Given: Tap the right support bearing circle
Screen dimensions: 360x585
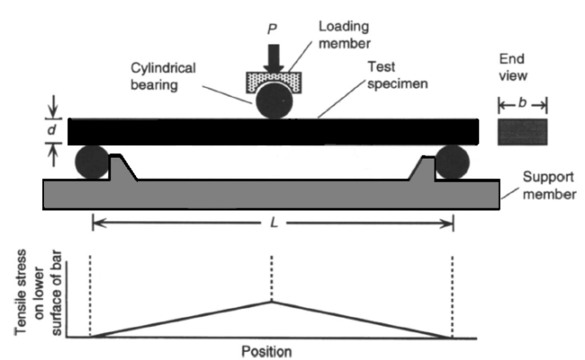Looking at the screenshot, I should click(452, 163).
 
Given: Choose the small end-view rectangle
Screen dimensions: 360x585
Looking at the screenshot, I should click(523, 132).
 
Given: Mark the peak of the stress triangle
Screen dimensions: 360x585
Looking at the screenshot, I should click(272, 302).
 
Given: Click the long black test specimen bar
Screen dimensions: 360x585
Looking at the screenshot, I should click(179, 132).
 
